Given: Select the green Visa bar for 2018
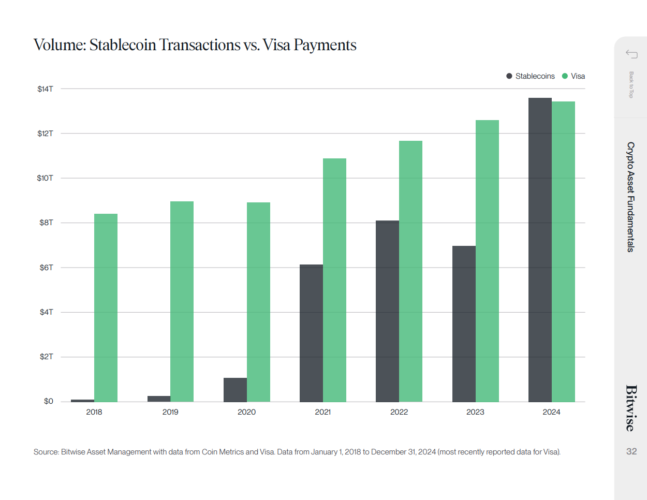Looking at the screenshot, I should pyautogui.click(x=106, y=307).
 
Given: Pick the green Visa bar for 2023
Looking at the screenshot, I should pyautogui.click(x=487, y=261).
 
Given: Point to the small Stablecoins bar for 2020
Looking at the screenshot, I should pyautogui.click(x=235, y=390).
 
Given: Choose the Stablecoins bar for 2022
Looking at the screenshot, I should pyautogui.click(x=387, y=311).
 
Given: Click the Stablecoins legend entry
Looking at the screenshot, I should pyautogui.click(x=531, y=76).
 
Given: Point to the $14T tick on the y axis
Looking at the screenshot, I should pyautogui.click(x=46, y=89).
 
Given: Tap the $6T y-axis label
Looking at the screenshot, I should pyautogui.click(x=46, y=268).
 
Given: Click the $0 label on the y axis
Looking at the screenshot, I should pyautogui.click(x=48, y=401).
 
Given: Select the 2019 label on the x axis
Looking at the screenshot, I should pyautogui.click(x=170, y=412).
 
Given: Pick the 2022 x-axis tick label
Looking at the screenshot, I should pyautogui.click(x=399, y=412).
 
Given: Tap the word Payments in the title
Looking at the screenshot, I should pyautogui.click(x=325, y=45).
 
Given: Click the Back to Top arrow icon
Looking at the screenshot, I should pyautogui.click(x=631, y=54).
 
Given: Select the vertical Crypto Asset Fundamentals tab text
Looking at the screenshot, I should pyautogui.click(x=630, y=197).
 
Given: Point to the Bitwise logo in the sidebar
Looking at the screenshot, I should pyautogui.click(x=631, y=408).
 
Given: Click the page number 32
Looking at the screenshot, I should pyautogui.click(x=631, y=451).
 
